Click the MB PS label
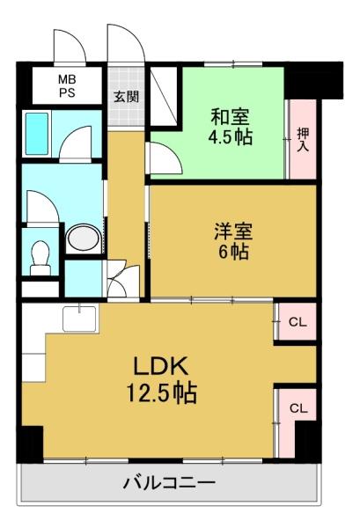tap(67, 86)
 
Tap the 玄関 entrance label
tap(126, 97)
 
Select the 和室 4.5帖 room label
tap(231, 127)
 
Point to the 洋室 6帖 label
tap(233, 241)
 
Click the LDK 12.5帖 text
tap(161, 380)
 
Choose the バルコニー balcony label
tap(169, 484)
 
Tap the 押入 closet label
tap(303, 139)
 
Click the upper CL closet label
tap(298, 322)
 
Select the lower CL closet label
tap(298, 408)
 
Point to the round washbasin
tap(84, 238)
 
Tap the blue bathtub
tap(37, 134)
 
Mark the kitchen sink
tap(79, 319)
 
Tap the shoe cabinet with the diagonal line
tap(163, 96)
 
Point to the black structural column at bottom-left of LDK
tap(30, 444)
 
